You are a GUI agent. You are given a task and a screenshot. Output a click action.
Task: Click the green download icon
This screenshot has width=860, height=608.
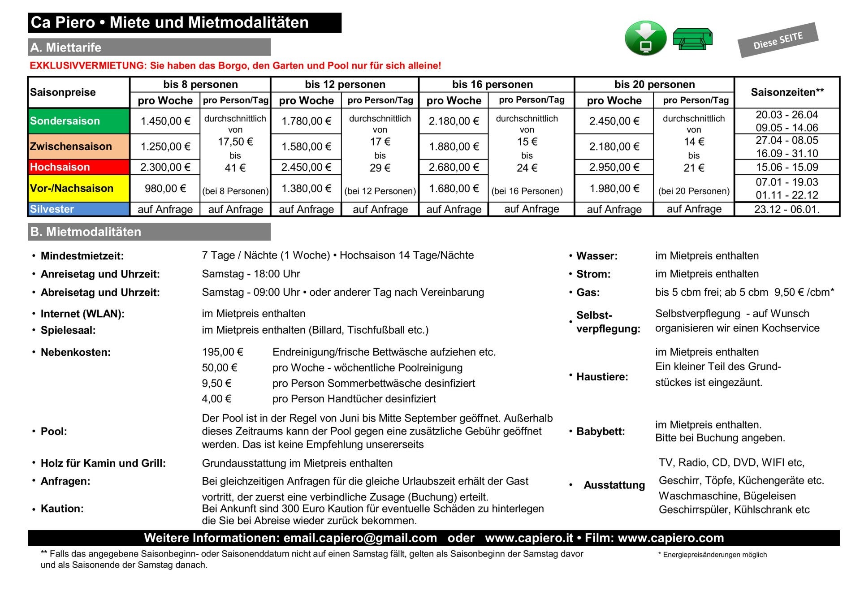(x=645, y=38)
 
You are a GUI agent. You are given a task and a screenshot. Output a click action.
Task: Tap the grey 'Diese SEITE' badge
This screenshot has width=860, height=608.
(x=778, y=40)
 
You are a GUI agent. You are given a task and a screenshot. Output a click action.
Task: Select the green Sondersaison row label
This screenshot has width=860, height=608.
(x=65, y=121)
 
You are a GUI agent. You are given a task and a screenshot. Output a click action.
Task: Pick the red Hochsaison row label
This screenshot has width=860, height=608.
(x=60, y=167)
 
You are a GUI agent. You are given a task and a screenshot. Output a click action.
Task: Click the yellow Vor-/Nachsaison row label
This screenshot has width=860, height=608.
(x=72, y=188)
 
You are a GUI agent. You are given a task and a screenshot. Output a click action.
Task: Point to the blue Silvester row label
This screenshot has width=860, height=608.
(x=52, y=209)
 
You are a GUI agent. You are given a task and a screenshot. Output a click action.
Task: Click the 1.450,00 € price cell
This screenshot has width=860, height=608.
(x=165, y=121)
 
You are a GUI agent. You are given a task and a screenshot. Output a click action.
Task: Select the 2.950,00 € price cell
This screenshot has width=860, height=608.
(x=614, y=167)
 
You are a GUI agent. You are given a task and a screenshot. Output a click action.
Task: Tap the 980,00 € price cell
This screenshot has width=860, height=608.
(x=165, y=189)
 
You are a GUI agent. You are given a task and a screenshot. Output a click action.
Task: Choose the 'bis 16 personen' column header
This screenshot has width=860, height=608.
(x=493, y=84)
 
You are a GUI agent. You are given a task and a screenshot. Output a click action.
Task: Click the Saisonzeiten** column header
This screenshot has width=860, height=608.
(x=787, y=92)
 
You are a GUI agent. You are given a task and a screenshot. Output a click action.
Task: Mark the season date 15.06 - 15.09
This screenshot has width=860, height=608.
(x=787, y=168)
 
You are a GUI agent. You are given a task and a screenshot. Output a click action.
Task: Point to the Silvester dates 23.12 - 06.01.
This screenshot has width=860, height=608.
(x=787, y=209)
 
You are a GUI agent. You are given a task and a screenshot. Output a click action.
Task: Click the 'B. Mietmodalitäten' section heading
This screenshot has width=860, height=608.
(x=86, y=232)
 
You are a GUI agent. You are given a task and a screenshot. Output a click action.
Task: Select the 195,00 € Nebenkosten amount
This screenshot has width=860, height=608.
(x=222, y=352)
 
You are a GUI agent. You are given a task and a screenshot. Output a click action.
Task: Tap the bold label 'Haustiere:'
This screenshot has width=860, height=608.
(x=602, y=377)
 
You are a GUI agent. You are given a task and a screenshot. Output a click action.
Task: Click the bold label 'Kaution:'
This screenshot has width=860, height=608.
(x=62, y=509)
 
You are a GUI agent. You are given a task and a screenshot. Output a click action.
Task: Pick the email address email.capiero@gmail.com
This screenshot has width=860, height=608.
(x=360, y=538)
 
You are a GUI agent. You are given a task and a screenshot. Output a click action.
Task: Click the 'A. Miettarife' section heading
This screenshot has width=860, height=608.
(x=66, y=47)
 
